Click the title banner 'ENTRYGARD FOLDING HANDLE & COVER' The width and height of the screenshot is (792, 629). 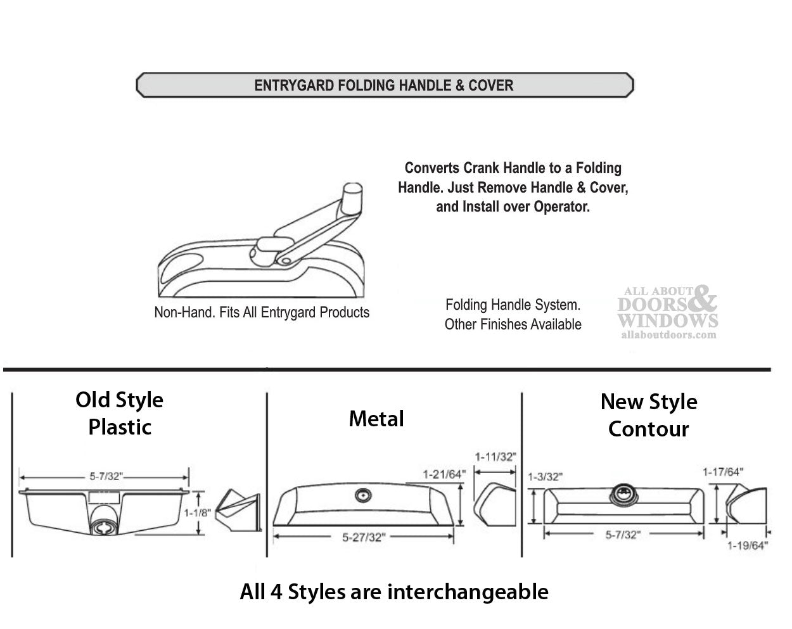(x=384, y=86)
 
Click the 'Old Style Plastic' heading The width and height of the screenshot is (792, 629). (x=120, y=413)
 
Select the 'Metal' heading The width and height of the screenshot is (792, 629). (x=376, y=419)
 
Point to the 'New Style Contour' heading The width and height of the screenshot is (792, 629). (x=649, y=415)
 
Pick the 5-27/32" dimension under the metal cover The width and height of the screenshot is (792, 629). (x=364, y=538)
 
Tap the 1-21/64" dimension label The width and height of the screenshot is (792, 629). (x=444, y=473)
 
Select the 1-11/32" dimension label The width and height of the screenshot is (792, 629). (x=495, y=456)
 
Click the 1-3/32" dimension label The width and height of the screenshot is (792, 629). (x=544, y=477)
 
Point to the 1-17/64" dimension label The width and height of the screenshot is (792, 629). (x=722, y=472)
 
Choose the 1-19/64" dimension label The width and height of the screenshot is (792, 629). (x=747, y=545)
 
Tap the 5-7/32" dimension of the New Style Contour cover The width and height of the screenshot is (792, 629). (x=623, y=535)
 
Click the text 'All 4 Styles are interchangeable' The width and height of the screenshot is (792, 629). (x=394, y=592)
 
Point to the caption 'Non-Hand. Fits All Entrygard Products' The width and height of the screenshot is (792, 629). (x=262, y=312)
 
